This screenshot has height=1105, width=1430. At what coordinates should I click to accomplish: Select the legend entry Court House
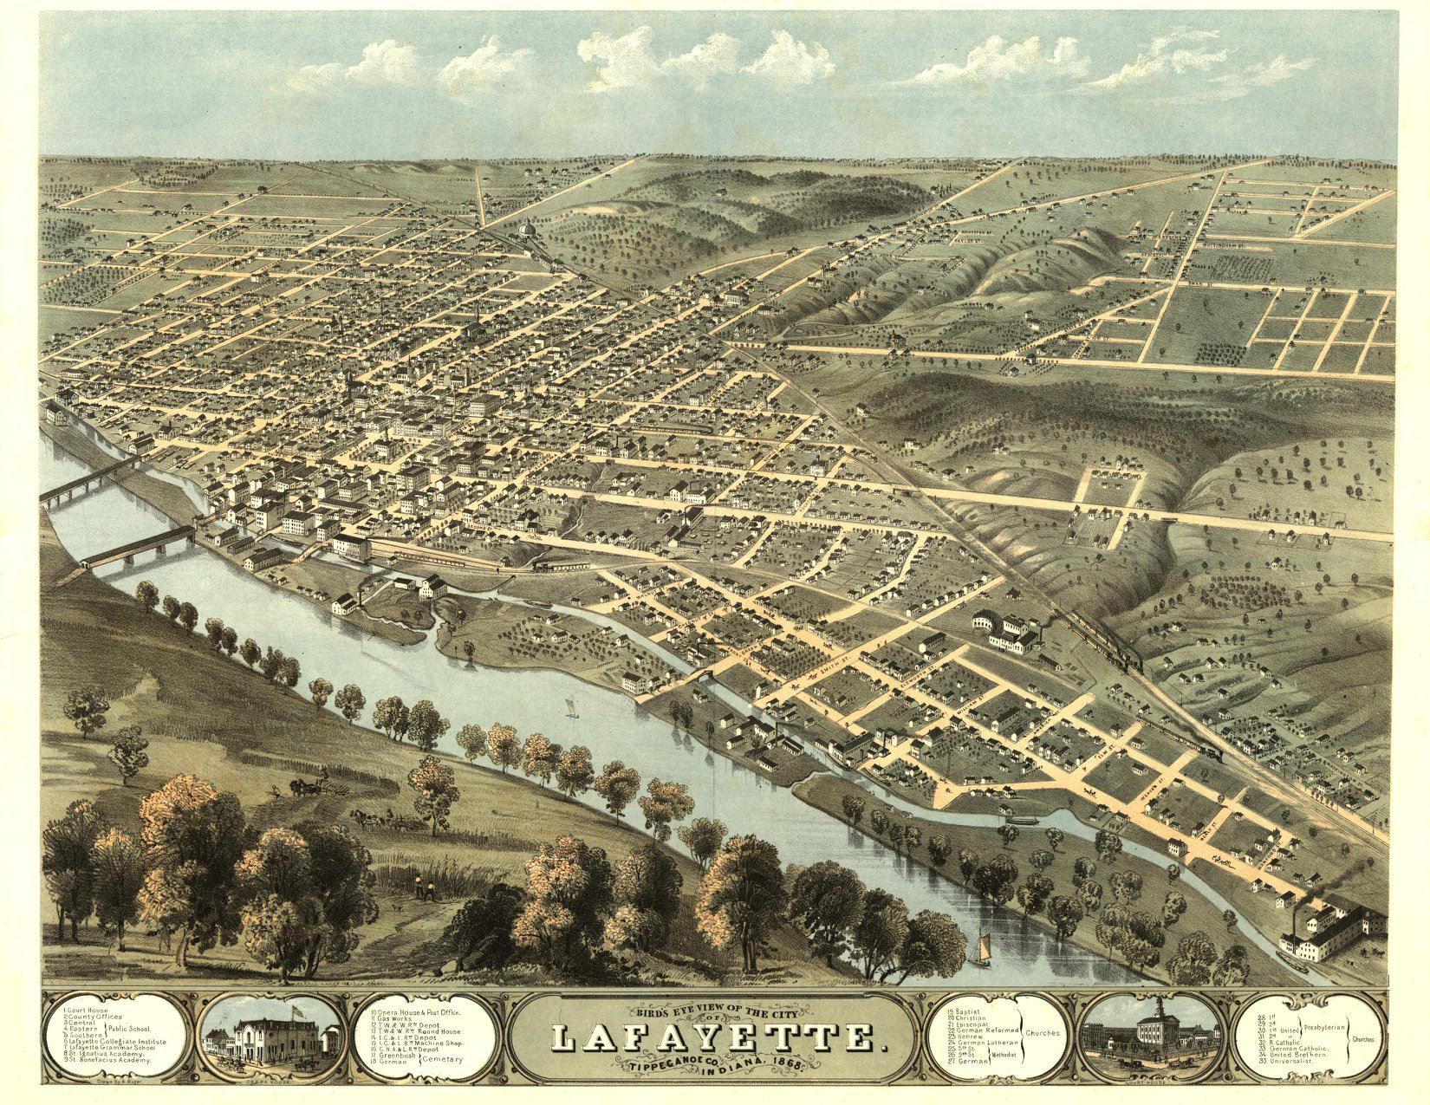coord(87,1011)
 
